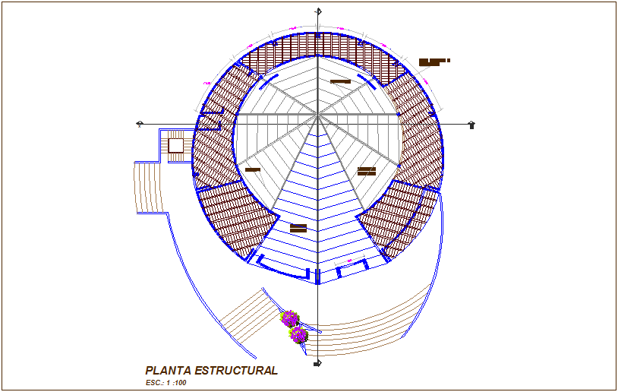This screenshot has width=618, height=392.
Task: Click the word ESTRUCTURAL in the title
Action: (236, 371)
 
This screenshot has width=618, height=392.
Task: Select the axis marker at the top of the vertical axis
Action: (319, 11)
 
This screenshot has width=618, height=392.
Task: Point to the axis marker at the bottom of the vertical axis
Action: (318, 364)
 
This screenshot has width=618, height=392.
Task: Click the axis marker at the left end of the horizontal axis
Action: (140, 123)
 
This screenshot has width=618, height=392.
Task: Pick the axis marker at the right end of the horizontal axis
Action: (472, 124)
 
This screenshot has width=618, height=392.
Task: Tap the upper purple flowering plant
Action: (290, 318)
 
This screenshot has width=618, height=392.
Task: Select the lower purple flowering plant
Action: (299, 334)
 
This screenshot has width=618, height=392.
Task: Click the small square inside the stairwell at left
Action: (175, 145)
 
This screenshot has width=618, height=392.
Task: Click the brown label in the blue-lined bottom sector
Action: (298, 227)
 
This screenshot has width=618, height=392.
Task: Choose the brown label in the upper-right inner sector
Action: (340, 81)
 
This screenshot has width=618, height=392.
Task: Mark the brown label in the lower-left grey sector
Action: (253, 169)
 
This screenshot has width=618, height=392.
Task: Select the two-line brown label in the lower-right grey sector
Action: (367, 171)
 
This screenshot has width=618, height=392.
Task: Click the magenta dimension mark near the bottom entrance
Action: (349, 261)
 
